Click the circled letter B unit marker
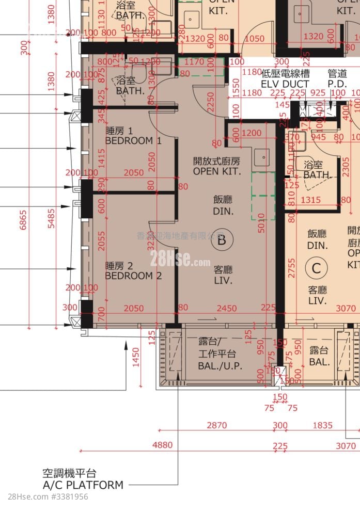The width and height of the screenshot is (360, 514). pyautogui.click(x=222, y=239)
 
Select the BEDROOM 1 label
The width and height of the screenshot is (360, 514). pyautogui.click(x=133, y=136)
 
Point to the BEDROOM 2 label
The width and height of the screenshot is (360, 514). pyautogui.click(x=133, y=271)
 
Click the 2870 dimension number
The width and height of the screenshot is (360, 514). pyautogui.click(x=217, y=425)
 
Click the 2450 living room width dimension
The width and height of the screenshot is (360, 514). pyautogui.click(x=227, y=309)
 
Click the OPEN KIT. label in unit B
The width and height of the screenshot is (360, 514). pyautogui.click(x=217, y=167)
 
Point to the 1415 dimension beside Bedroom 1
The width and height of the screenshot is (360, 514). pyautogui.click(x=101, y=158)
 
